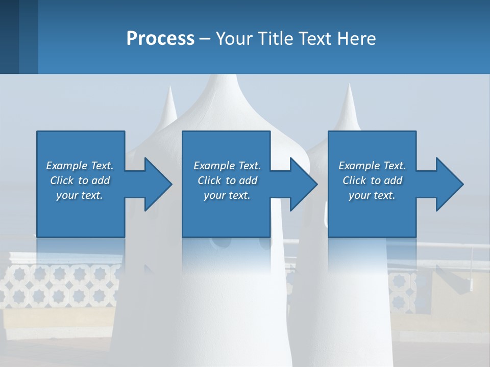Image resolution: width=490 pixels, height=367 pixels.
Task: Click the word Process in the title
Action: coord(160,38)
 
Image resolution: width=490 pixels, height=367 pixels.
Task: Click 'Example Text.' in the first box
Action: coord(80,166)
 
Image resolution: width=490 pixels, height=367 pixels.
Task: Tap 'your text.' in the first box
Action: coord(80,195)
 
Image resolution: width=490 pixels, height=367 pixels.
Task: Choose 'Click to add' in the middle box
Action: coord(227,180)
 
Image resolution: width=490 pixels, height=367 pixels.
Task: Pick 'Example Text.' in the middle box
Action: coord(227,166)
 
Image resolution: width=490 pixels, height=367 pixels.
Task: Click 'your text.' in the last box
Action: coord(372,195)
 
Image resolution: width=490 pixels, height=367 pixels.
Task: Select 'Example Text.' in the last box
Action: coord(372,166)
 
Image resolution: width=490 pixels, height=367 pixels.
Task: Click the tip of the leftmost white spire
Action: coord(169,88)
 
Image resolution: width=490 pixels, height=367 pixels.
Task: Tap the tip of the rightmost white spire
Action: coord(349,85)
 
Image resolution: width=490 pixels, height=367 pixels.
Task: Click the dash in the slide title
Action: coord(205,39)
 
